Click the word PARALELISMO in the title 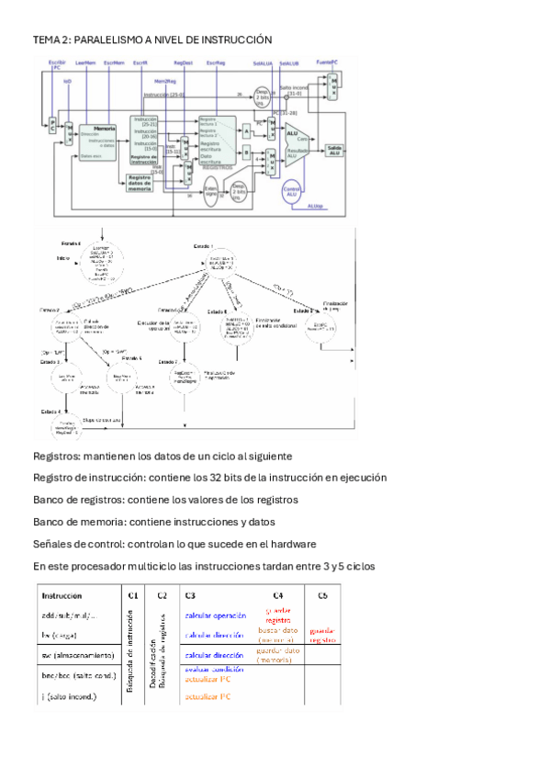pyautogui.click(x=108, y=40)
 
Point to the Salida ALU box pyautogui.click(x=333, y=150)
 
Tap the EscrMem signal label pyautogui.click(x=115, y=62)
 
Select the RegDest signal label pyautogui.click(x=183, y=62)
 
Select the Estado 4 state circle pyautogui.click(x=60, y=429)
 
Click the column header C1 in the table pyautogui.click(x=133, y=594)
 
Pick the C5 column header pyautogui.click(x=322, y=594)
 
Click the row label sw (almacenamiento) pyautogui.click(x=78, y=655)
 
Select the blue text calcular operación pyautogui.click(x=216, y=615)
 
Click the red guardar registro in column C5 pyautogui.click(x=322, y=635)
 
